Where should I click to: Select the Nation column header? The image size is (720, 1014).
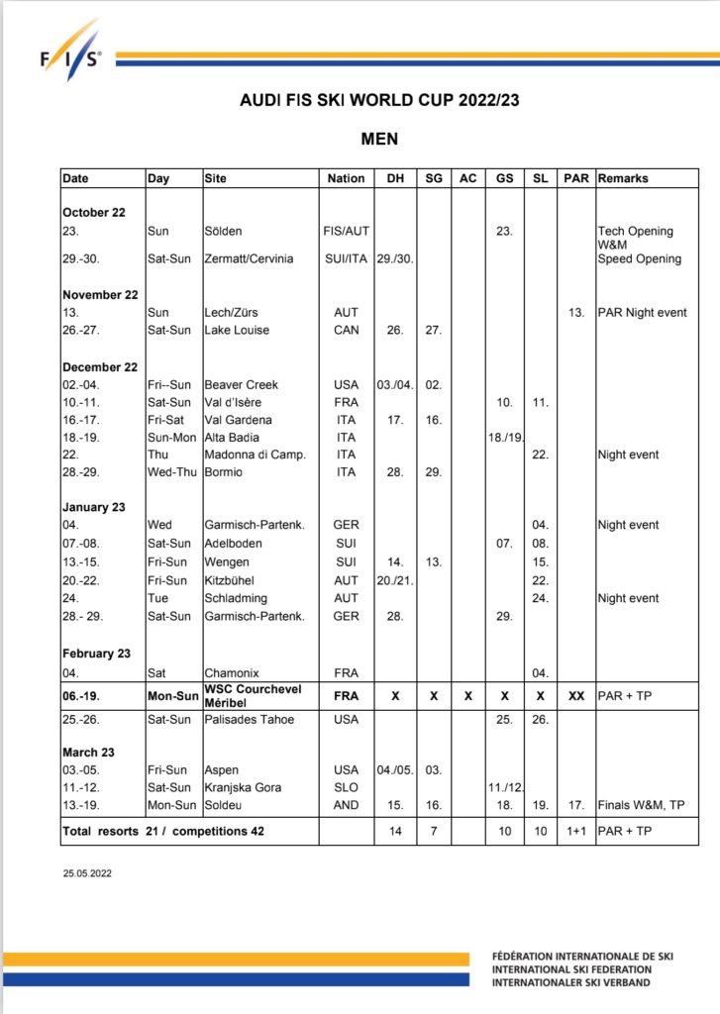tap(346, 178)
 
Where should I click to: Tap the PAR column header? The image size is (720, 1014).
tap(575, 178)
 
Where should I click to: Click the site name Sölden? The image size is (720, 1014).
tap(224, 231)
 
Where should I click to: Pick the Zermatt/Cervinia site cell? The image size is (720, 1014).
tap(249, 258)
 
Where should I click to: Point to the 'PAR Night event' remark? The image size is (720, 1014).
tap(642, 312)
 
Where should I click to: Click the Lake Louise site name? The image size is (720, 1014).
tap(237, 330)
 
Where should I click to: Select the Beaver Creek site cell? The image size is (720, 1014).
tap(241, 384)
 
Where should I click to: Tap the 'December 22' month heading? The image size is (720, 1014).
tap(100, 366)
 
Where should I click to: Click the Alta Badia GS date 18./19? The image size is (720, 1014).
tap(504, 437)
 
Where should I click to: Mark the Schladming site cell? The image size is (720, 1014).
tap(237, 598)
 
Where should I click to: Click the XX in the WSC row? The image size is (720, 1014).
tap(575, 696)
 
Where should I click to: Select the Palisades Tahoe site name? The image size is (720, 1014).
tap(249, 719)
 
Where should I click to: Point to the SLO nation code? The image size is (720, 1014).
tap(346, 787)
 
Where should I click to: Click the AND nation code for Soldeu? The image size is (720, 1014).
tap(346, 805)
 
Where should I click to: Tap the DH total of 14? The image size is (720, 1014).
tap(394, 832)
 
